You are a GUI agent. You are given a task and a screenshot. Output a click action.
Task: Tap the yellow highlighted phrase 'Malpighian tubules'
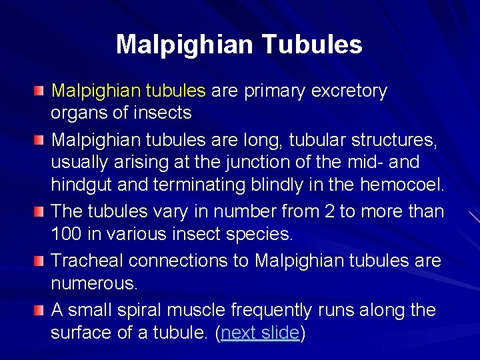129,91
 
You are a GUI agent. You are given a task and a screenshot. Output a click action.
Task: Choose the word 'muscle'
203,310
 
